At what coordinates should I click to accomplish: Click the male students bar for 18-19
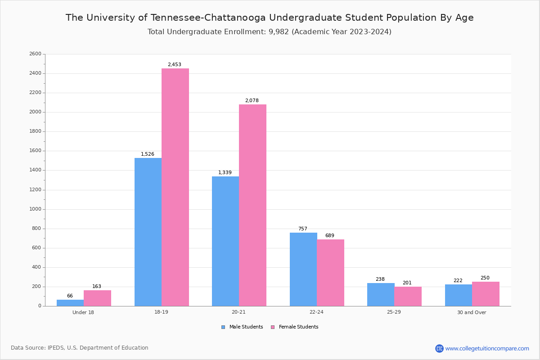[148, 232]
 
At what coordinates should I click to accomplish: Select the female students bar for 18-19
[175, 187]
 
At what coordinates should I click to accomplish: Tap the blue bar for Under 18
[70, 303]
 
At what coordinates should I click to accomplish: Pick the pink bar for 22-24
[330, 273]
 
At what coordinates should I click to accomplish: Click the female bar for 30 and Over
[486, 294]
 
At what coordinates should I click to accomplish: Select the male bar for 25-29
[381, 294]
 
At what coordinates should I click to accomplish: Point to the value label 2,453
[175, 65]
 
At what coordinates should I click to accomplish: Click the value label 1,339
[225, 173]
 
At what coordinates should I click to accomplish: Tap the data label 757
[303, 229]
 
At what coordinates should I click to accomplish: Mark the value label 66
[70, 296]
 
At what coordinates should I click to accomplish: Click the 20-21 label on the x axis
[238, 312]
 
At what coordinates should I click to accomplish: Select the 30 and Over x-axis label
[472, 312]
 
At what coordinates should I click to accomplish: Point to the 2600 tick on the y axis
[35, 54]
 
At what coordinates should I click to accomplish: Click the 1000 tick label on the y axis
[35, 209]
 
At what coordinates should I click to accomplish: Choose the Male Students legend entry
[246, 327]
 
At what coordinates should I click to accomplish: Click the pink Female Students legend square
[273, 327]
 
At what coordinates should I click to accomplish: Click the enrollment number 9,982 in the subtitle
[280, 32]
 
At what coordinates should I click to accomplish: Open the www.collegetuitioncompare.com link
[487, 348]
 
